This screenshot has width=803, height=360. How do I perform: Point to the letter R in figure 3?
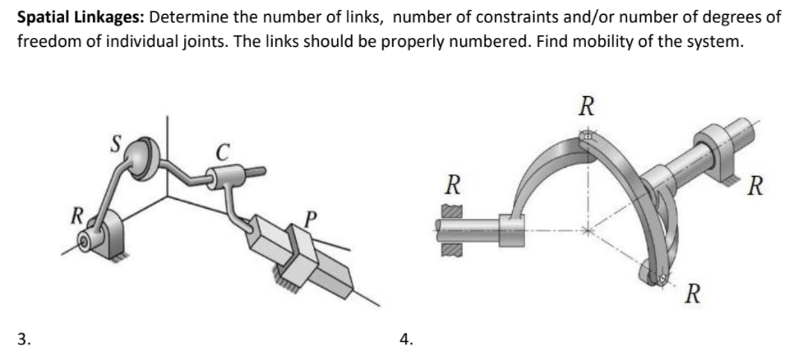[x=75, y=218]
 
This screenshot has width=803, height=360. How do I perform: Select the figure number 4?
[x=404, y=337]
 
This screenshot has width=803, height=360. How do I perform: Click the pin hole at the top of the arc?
[x=585, y=136]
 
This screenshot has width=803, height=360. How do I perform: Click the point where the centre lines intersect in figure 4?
[x=586, y=230]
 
